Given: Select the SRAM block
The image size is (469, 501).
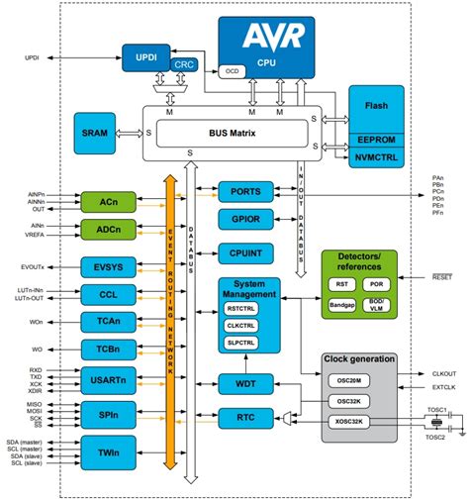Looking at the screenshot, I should [97, 132].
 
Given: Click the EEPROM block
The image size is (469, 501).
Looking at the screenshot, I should [375, 140].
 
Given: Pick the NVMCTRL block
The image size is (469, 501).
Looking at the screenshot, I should [375, 155].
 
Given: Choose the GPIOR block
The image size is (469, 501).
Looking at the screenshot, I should [244, 220].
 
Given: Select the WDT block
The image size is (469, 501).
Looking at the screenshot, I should [244, 383].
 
